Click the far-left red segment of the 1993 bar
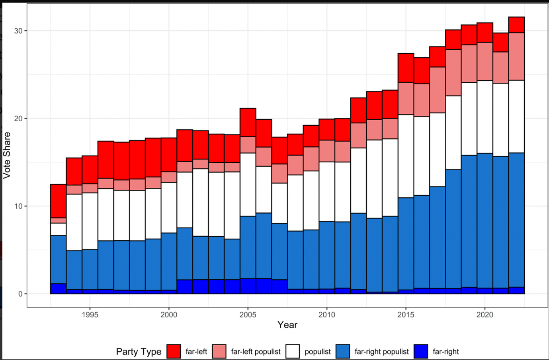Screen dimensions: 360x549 point(58,201)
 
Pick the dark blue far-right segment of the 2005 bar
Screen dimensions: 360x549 point(248,286)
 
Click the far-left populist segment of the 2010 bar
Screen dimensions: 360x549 point(327,151)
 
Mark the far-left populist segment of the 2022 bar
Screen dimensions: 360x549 point(516,56)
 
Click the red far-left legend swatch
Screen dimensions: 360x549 point(174,352)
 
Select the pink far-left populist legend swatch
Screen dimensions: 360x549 point(219,352)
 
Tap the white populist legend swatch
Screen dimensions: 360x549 point(293,352)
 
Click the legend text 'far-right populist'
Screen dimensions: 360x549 point(381,352)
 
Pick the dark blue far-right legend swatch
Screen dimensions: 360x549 point(421,352)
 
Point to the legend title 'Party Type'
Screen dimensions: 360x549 point(139,352)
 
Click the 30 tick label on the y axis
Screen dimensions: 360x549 point(18,31)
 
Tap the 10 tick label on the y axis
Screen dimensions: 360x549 point(18,206)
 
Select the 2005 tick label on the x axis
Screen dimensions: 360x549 point(248,315)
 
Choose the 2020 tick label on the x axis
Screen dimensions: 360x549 point(485,315)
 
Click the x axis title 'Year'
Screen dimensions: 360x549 point(287,325)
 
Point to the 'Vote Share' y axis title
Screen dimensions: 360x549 point(7,156)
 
